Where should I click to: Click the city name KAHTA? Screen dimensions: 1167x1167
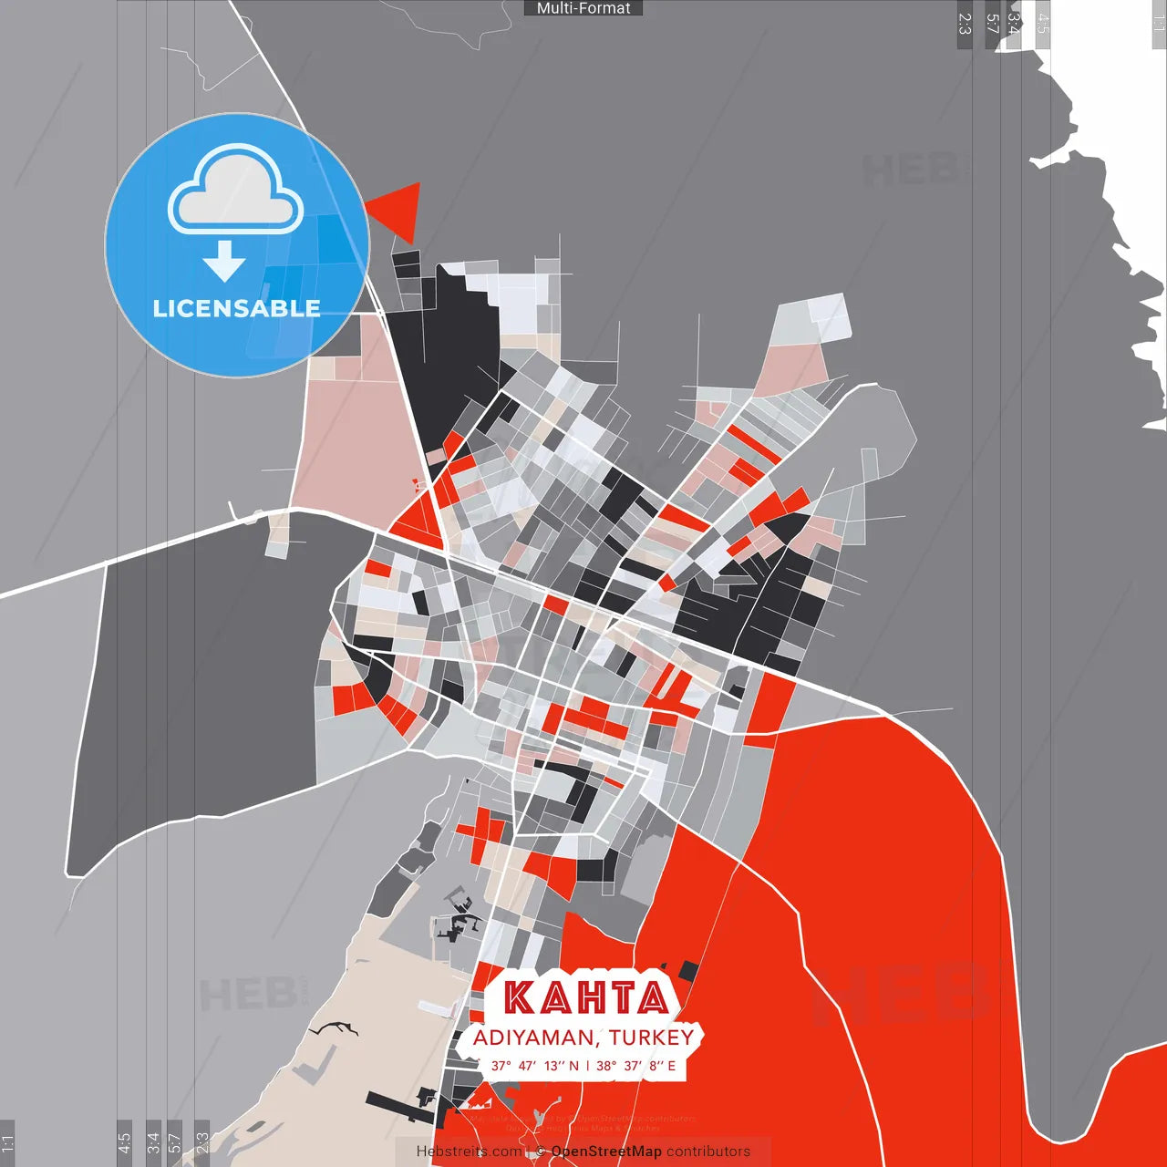[586, 997]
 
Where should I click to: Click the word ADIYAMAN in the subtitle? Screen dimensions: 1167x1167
[532, 1038]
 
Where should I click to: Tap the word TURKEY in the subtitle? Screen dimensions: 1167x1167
[652, 1038]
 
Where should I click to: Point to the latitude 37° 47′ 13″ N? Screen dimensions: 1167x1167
[534, 1066]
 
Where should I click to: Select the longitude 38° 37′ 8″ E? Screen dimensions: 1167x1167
[636, 1066]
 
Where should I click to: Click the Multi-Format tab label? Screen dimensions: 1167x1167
[583, 8]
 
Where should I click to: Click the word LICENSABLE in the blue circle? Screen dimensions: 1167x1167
[236, 308]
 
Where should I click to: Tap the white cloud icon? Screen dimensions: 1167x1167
[235, 191]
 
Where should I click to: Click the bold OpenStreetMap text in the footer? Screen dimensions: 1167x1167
[606, 1152]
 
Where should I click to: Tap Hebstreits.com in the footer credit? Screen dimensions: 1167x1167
[469, 1152]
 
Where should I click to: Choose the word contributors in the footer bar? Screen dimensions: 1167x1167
[707, 1152]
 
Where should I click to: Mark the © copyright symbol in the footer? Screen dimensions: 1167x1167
[541, 1152]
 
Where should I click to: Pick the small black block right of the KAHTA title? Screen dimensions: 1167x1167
[688, 971]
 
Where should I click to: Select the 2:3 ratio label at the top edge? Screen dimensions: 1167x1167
[965, 24]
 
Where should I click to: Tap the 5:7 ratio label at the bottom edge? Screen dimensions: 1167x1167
[174, 1143]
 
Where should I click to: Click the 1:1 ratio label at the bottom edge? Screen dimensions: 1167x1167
[7, 1143]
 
